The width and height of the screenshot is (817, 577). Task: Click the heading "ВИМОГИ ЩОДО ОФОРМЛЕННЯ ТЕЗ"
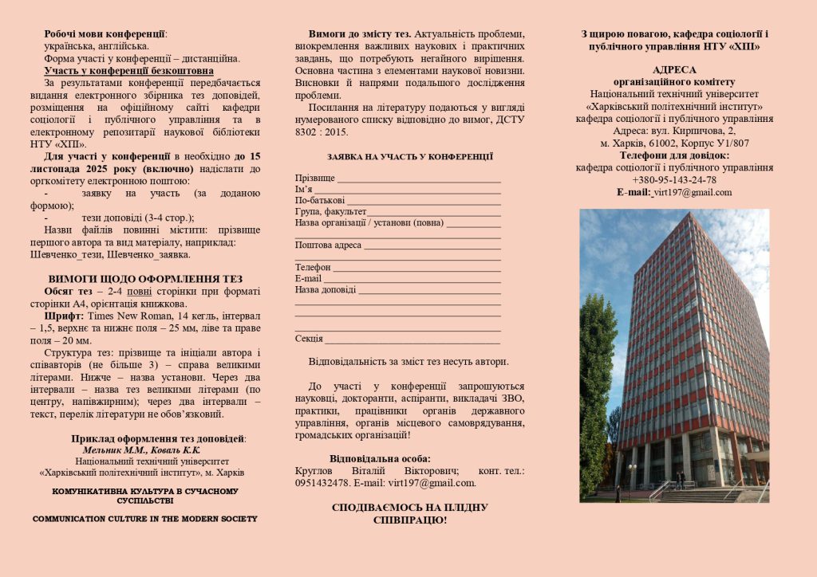[x=145, y=279]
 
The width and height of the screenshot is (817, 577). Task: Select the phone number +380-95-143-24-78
[x=674, y=180]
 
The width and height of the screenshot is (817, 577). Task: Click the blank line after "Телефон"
[x=416, y=268]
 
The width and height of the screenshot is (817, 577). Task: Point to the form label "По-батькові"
[x=320, y=201]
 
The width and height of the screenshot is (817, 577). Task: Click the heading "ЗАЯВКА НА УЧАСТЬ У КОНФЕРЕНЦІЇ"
[x=409, y=157]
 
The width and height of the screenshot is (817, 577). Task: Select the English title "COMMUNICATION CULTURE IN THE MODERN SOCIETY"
[x=145, y=519]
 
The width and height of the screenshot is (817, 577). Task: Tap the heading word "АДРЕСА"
[x=674, y=70]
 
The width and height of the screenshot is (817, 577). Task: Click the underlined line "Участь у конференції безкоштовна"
[x=129, y=71]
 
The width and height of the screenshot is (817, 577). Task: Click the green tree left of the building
[x=597, y=398]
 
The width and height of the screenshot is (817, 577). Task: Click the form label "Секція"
[x=309, y=339]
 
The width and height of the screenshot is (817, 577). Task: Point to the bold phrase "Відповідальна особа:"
[x=380, y=458]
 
